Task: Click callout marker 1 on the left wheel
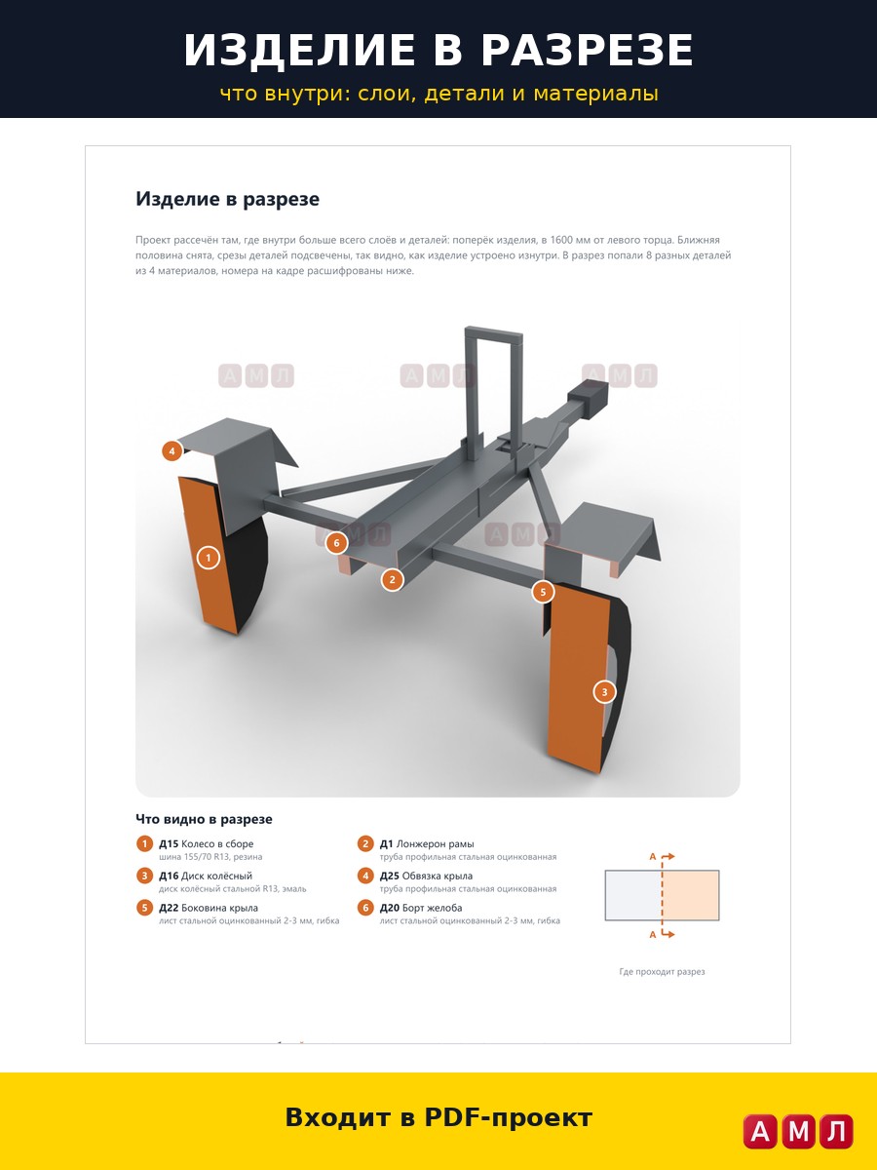(209, 558)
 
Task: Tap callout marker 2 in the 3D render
(393, 579)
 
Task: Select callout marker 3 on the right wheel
(604, 692)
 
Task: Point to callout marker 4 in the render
(172, 451)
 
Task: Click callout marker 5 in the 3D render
(543, 592)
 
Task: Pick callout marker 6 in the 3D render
(336, 543)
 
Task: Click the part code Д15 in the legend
(169, 843)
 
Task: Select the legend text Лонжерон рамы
(435, 843)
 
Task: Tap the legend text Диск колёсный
(216, 876)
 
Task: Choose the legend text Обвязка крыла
(438, 876)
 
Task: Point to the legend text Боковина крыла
(219, 908)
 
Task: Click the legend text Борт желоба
(432, 908)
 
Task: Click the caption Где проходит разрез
(662, 972)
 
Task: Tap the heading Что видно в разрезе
(204, 819)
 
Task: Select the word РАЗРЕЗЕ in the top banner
(588, 50)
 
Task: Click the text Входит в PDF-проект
(438, 1117)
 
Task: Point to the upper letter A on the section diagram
(652, 857)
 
